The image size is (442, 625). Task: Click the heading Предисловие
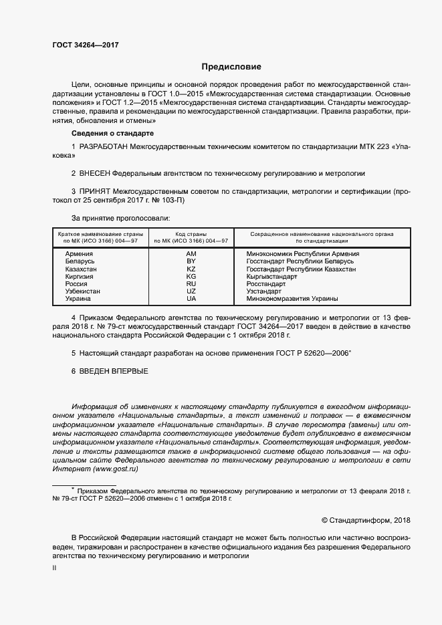231,67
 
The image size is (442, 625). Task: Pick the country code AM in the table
191,254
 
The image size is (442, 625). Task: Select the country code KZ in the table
191,269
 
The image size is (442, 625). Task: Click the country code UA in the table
191,298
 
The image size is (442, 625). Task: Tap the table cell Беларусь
80,261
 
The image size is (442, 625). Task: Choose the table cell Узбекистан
83,291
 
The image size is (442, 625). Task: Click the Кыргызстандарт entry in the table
271,276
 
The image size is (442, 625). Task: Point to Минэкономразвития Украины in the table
292,298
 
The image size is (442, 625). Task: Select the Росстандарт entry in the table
264,283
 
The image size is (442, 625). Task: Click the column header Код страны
191,234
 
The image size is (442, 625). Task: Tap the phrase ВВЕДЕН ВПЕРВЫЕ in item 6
114,370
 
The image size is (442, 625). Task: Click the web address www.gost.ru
118,469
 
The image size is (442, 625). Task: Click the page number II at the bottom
54,568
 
